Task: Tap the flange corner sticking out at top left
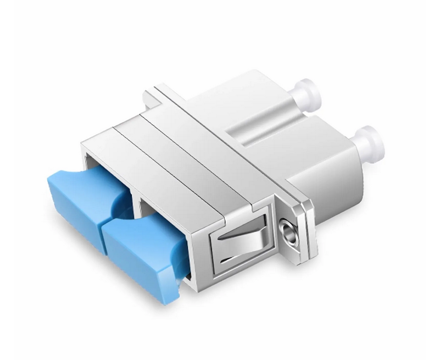[x=149, y=93]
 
